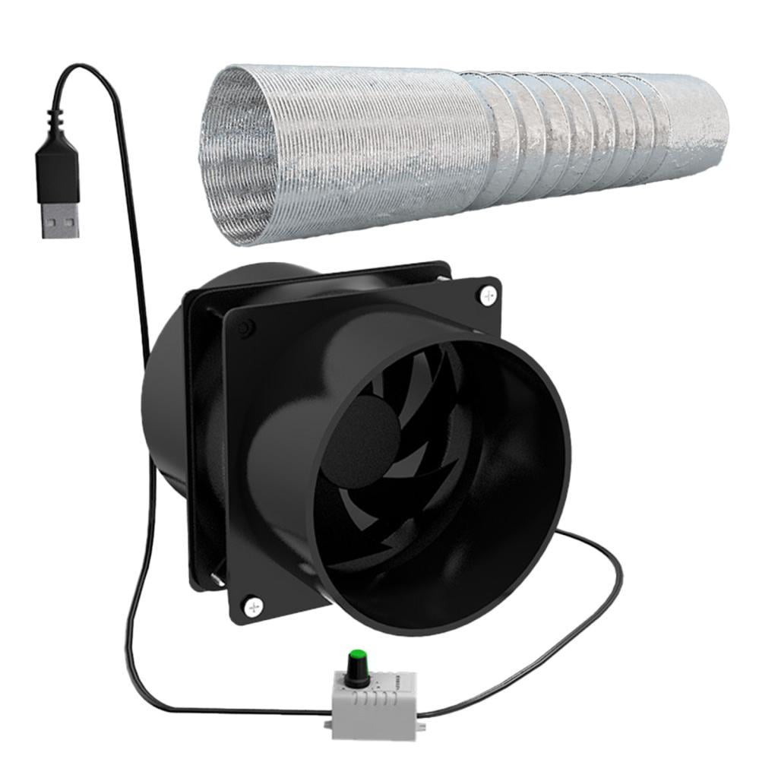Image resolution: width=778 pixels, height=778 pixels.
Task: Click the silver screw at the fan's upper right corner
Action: click(487, 294)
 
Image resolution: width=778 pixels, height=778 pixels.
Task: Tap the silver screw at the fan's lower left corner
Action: click(252, 606)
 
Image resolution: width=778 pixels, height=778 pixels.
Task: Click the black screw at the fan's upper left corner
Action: click(244, 328)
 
